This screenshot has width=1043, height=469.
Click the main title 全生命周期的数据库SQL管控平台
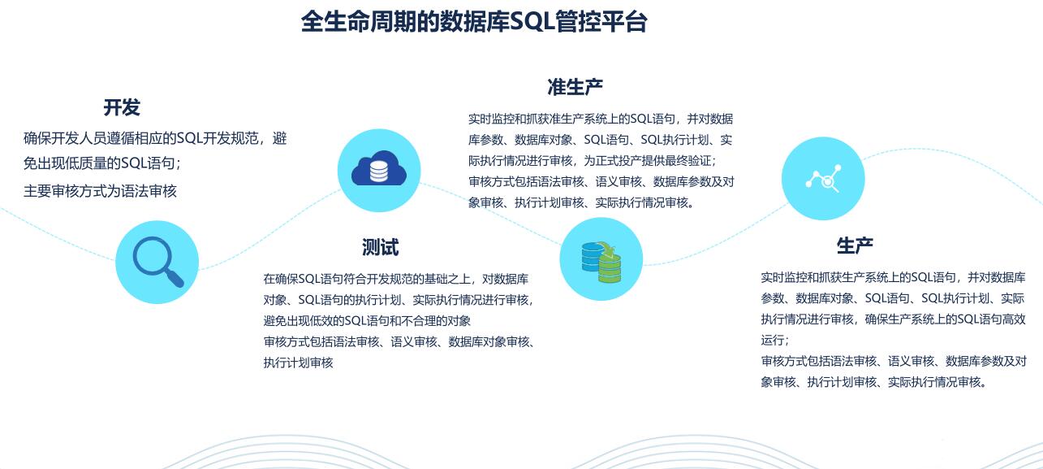[x=474, y=21]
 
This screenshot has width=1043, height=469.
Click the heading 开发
[x=122, y=107]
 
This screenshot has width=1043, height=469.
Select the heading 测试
[x=380, y=247]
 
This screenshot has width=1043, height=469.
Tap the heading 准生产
[x=575, y=87]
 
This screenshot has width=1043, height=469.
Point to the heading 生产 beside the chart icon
[x=855, y=245]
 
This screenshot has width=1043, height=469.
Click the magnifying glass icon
[x=157, y=262]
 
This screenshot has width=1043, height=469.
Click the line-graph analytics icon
[x=823, y=179]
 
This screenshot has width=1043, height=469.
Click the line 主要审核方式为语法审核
[x=100, y=191]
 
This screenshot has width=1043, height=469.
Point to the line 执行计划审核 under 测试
[x=298, y=363]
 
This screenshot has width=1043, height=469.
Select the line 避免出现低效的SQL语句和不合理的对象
[x=367, y=321]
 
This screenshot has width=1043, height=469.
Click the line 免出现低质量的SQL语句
[x=102, y=163]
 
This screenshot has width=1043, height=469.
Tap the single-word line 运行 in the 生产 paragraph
[x=775, y=340]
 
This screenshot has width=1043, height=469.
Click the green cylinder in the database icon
[x=610, y=269]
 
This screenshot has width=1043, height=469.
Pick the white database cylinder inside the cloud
[x=378, y=172]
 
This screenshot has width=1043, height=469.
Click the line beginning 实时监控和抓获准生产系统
[x=601, y=119]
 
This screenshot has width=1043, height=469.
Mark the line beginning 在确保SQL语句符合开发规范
[x=396, y=279]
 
